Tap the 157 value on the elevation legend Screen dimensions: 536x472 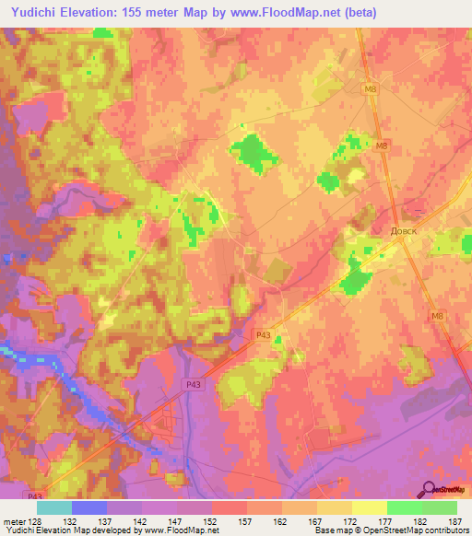click(246, 521)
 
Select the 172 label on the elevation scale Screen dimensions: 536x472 click(351, 521)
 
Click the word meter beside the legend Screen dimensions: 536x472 click(13, 521)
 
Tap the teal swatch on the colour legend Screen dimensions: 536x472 click(54, 507)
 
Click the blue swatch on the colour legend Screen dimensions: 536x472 click(89, 507)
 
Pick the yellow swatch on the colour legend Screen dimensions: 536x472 click(369, 507)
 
